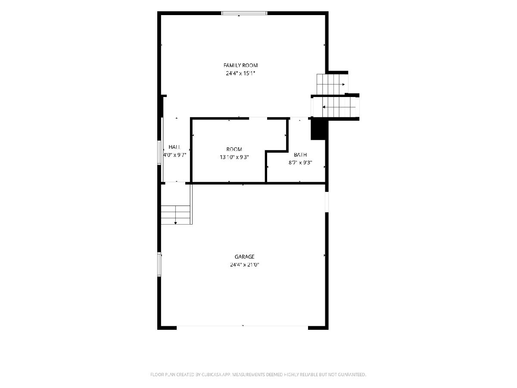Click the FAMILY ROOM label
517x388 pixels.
(x=240, y=65)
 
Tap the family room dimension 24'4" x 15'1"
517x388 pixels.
(x=240, y=73)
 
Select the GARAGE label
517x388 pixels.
(x=244, y=257)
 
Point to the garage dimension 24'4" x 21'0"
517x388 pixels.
(x=244, y=265)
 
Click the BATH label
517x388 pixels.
(x=300, y=155)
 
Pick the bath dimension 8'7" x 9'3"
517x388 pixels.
(x=300, y=163)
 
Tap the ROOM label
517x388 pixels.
(x=234, y=149)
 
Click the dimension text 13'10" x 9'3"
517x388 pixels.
(x=234, y=157)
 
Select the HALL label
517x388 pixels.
(x=175, y=147)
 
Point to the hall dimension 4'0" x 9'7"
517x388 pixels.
(x=175, y=155)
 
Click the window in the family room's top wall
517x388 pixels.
(x=244, y=13)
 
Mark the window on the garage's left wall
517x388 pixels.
(x=159, y=264)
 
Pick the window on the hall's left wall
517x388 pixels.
(x=159, y=153)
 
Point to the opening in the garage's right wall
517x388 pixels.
(x=327, y=202)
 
